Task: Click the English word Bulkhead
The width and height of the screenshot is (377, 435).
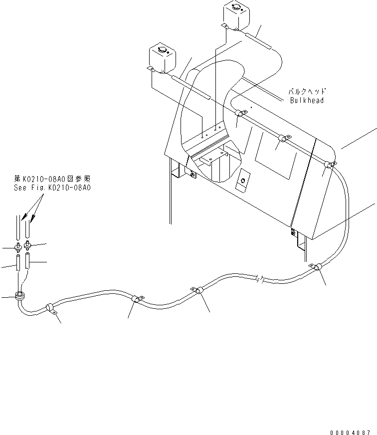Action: click(x=307, y=100)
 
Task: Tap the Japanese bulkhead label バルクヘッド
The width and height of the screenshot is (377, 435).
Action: click(x=307, y=92)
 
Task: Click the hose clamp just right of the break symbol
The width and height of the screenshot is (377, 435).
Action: click(x=317, y=268)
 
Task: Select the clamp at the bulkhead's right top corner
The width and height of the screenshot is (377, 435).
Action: click(x=329, y=164)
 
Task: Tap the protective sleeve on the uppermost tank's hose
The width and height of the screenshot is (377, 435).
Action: click(x=257, y=39)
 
